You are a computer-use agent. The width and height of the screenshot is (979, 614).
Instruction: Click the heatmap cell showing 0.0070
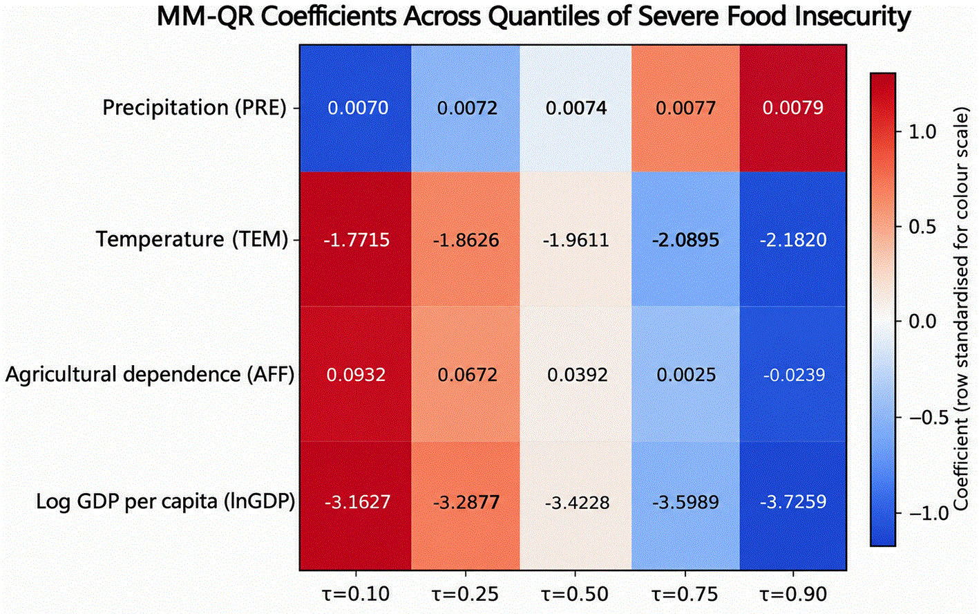(356, 108)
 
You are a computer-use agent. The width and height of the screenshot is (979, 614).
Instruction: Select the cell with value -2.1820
(793, 239)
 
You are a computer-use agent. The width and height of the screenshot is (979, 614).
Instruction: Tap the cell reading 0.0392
(576, 374)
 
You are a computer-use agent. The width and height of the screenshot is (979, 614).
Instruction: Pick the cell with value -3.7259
(793, 505)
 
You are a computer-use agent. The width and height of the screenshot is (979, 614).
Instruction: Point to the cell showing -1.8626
(466, 239)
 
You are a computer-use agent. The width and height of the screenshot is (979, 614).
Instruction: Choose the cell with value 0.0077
(685, 108)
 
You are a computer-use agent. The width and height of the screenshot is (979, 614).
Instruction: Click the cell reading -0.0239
(793, 374)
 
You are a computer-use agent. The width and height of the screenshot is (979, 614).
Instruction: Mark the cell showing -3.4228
(576, 505)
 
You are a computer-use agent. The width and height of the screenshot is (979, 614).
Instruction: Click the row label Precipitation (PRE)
(195, 108)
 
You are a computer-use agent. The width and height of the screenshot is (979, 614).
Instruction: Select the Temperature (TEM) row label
(192, 240)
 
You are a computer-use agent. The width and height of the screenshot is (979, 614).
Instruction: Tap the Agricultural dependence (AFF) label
(150, 375)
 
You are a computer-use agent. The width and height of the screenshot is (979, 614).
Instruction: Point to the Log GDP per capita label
(166, 501)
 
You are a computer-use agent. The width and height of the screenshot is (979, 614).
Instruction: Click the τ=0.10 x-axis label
(356, 595)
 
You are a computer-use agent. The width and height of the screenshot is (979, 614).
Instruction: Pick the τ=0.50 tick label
(575, 595)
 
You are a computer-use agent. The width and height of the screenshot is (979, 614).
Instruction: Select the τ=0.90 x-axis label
(793, 595)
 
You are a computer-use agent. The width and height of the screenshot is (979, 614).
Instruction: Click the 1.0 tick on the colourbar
(922, 131)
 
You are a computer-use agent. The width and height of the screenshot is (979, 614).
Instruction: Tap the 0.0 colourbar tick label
(922, 322)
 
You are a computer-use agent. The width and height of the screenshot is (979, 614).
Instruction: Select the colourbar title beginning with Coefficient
(960, 308)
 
